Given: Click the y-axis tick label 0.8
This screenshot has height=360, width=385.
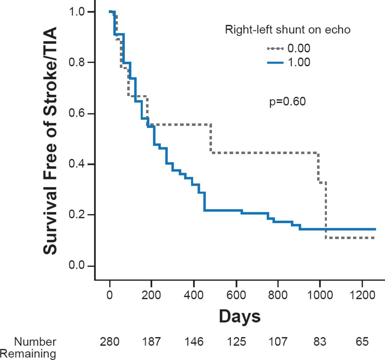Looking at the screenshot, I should click(x=76, y=62).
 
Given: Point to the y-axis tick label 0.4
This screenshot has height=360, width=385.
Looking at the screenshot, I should click(x=76, y=164).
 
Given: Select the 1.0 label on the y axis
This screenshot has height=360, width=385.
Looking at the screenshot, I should click(x=76, y=12).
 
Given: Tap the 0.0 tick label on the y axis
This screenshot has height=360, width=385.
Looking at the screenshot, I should click(x=76, y=265).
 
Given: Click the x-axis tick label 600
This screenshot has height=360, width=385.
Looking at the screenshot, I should click(x=236, y=295).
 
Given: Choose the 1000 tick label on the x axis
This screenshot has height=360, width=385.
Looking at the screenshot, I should click(x=320, y=295).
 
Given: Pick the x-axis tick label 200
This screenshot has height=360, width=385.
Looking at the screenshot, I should click(x=151, y=295).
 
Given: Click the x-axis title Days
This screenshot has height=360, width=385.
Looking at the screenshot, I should click(x=240, y=316).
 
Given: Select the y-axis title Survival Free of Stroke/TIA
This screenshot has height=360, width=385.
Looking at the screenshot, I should click(x=50, y=141).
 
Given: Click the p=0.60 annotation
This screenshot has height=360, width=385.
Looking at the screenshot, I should click(x=287, y=102).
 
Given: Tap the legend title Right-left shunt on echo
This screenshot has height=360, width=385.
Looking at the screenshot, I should click(x=288, y=30).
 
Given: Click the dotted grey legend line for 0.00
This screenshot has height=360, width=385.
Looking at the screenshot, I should click(x=275, y=48).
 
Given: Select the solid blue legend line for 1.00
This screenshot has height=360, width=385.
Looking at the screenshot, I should click(x=275, y=63).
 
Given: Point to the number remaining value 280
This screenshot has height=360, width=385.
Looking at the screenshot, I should click(x=109, y=342).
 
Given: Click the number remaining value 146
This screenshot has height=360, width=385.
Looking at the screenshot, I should click(x=194, y=342).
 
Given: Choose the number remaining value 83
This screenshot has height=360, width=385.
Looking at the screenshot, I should click(x=320, y=342).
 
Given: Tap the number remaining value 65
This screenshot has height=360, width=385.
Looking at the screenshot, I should click(x=362, y=342).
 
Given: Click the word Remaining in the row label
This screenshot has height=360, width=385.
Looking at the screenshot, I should click(x=28, y=354).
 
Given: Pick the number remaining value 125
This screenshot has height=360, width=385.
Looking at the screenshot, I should click(x=236, y=342).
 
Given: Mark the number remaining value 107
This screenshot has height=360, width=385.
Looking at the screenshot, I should click(x=278, y=342).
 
